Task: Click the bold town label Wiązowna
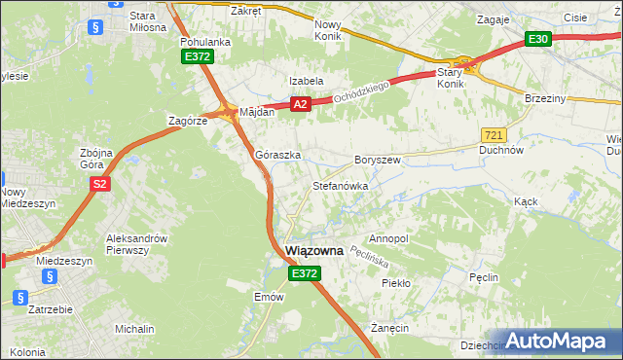click(x=314, y=251)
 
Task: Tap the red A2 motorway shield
click(x=300, y=104)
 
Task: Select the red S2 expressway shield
click(x=98, y=183)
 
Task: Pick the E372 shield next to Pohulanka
click(x=198, y=57)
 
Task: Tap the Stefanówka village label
click(x=340, y=185)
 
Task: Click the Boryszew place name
click(x=378, y=159)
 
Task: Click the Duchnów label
click(x=502, y=151)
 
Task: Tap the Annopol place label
click(x=388, y=238)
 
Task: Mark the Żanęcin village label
click(x=388, y=329)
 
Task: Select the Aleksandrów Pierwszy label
click(x=137, y=244)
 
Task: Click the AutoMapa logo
click(x=559, y=341)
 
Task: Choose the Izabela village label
click(x=305, y=81)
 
